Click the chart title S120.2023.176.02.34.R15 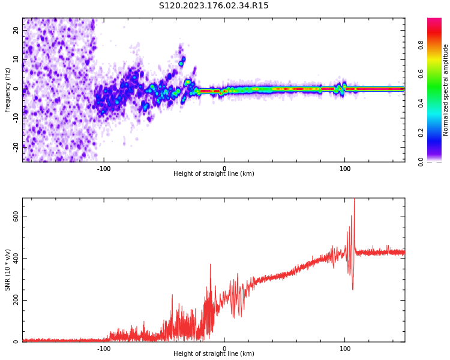coord(214,6)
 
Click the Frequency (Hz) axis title coord(8,89)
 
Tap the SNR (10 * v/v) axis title coord(8,269)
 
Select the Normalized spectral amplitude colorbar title coord(446,89)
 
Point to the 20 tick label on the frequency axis coord(16,30)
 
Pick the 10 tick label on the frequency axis coord(16,59)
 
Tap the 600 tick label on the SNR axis coord(16,217)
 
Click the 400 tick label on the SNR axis coord(16,259)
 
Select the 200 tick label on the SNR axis coord(16,300)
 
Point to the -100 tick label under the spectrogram coord(104,169)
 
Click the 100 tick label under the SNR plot coord(345,349)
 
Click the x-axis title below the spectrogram coord(214,174)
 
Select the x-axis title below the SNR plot coord(214,354)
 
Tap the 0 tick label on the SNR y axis coord(16,342)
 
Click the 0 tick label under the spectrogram coord(224,169)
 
